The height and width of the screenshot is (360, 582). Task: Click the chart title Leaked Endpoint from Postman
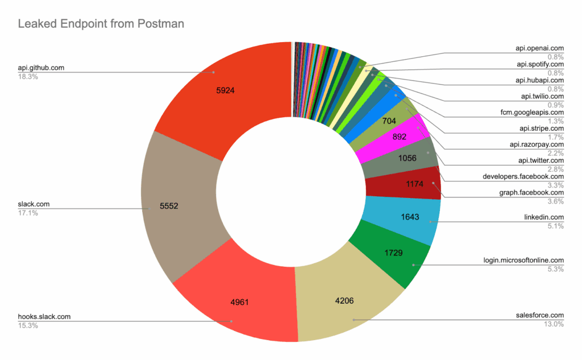pos(101,24)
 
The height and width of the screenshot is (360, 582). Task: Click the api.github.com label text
pos(41,68)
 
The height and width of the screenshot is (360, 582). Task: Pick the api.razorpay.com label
pos(536,144)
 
